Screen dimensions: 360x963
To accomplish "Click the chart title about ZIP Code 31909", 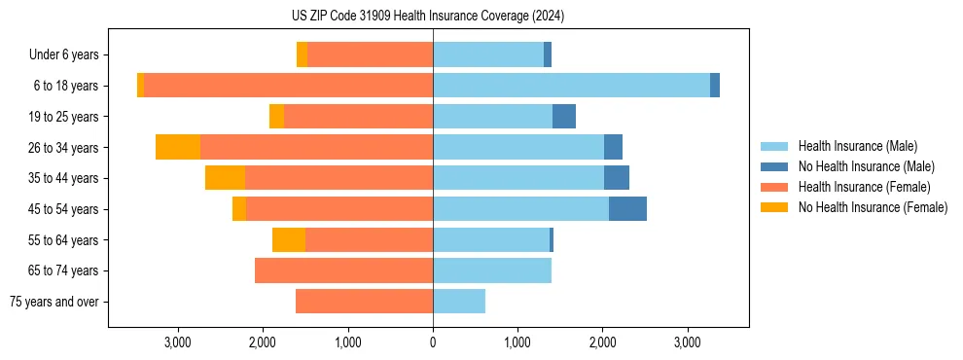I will (427, 16).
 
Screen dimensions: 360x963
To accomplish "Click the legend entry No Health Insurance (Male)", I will (866, 166).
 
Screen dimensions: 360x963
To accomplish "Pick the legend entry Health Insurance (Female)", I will (864, 187).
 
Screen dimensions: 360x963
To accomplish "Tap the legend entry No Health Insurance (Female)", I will (873, 207).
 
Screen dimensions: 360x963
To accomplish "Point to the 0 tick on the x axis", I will (433, 342).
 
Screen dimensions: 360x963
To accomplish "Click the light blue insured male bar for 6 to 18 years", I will (571, 86).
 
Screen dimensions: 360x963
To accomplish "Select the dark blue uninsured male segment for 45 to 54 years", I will (627, 209).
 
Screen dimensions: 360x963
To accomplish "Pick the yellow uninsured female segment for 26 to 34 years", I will (178, 147).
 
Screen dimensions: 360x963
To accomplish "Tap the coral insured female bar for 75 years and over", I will (364, 302).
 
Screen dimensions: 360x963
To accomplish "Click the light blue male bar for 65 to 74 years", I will (492, 270).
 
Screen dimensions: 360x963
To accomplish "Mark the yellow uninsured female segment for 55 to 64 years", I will (289, 240).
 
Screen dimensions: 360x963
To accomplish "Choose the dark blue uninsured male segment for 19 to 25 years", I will (564, 117).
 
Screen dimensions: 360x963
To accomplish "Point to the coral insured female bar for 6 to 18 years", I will (288, 86).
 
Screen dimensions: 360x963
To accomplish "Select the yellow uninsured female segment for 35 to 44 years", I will (225, 178).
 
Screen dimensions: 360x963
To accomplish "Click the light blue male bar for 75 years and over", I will (459, 302).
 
